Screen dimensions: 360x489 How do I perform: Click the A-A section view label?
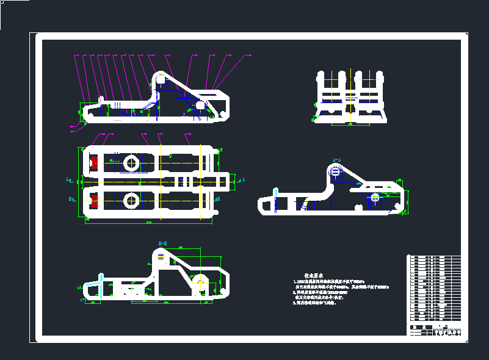pos(336,160)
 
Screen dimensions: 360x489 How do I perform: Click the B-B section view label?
pos(162,243)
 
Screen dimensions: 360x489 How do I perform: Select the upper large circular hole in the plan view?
pos(131,163)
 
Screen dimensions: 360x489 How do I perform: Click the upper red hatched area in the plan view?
pos(94,163)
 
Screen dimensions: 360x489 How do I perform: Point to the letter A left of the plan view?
pos(68,180)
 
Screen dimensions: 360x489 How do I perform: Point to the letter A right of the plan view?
pos(243,180)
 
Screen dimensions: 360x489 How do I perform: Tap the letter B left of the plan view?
pos(71,199)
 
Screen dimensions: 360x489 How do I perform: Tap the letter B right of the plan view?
pos(219,198)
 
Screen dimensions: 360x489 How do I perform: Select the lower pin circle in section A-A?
pos(374,197)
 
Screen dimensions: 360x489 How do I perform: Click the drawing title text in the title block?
pos(447,333)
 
